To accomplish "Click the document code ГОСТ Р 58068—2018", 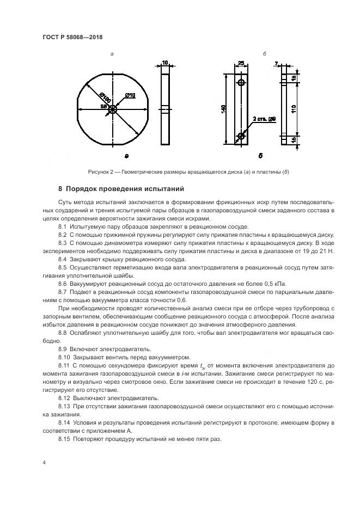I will [72, 37].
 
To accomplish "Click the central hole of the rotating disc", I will [112, 109].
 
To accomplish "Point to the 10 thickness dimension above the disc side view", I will [165, 63].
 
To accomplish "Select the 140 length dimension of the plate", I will [224, 109].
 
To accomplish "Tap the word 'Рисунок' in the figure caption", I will [99, 173].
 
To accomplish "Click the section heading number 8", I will [60, 189].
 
